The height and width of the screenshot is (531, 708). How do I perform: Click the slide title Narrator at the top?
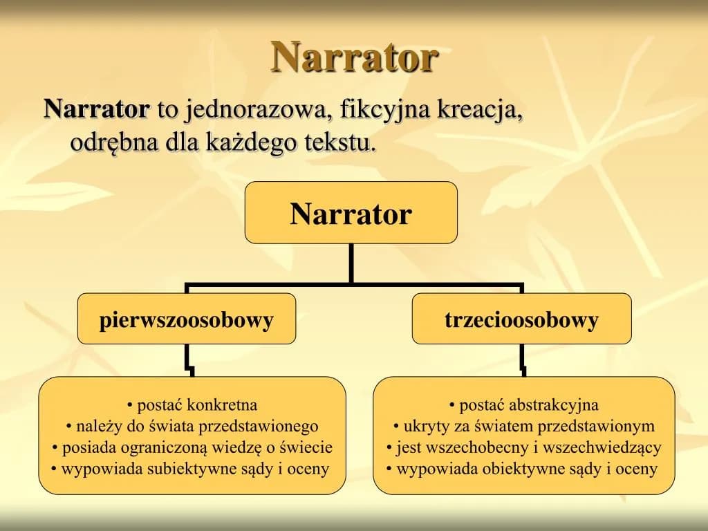[x=354, y=57]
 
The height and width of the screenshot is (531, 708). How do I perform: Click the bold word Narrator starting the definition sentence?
[x=96, y=109]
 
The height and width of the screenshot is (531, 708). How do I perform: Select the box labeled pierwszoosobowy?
[x=187, y=319]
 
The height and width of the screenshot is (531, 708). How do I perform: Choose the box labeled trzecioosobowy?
[x=521, y=319]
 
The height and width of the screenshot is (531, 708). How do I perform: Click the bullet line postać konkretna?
[x=192, y=405]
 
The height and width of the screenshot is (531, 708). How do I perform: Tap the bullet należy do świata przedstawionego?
[x=192, y=426]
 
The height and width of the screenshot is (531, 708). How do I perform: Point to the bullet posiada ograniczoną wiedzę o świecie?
[x=192, y=447]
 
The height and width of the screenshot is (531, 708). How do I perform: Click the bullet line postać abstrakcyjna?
[x=523, y=405]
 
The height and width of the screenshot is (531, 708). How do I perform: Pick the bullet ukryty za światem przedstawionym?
[x=523, y=426]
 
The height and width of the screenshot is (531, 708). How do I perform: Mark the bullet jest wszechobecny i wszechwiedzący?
[x=523, y=447]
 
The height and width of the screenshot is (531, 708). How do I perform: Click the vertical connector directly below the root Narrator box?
[x=351, y=263]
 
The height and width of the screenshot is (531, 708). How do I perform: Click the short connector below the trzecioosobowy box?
[x=523, y=360]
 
